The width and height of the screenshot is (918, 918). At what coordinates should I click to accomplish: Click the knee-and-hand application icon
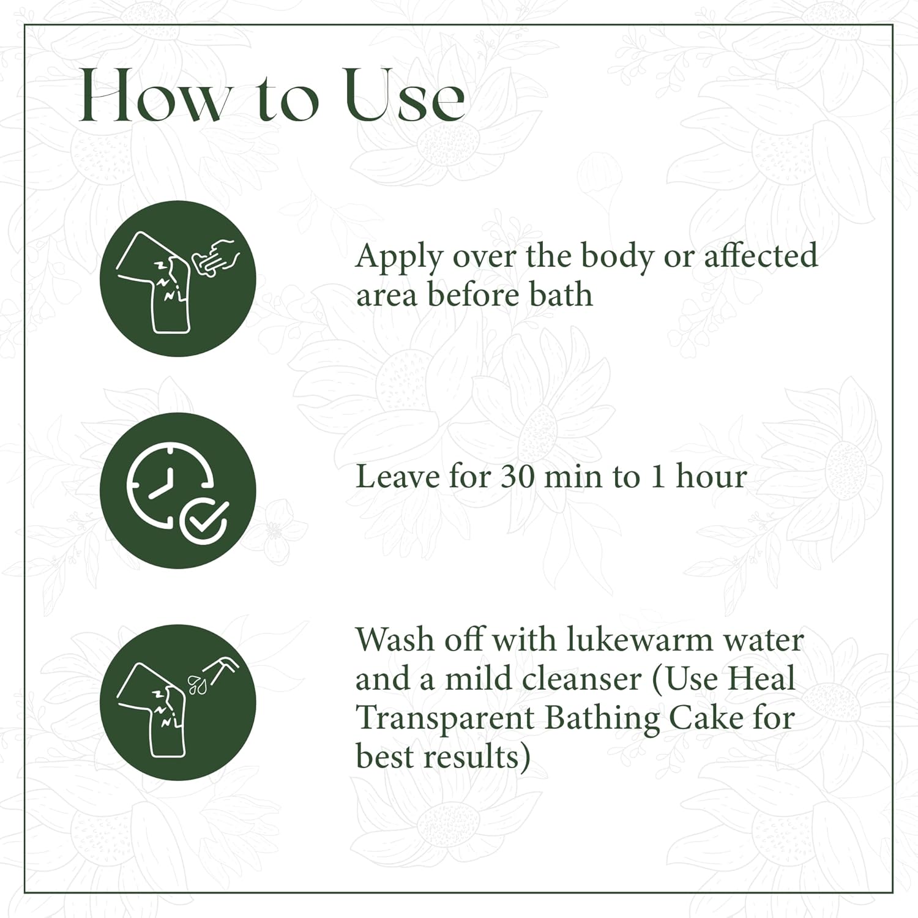177,278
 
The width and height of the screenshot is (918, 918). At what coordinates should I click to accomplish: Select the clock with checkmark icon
177,490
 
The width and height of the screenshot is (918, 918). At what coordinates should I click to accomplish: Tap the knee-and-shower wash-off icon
177,702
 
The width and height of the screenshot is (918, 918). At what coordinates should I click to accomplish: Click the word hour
711,476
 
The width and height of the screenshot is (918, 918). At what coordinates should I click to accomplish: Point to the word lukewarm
639,640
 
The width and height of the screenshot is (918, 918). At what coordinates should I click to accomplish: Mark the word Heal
763,679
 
